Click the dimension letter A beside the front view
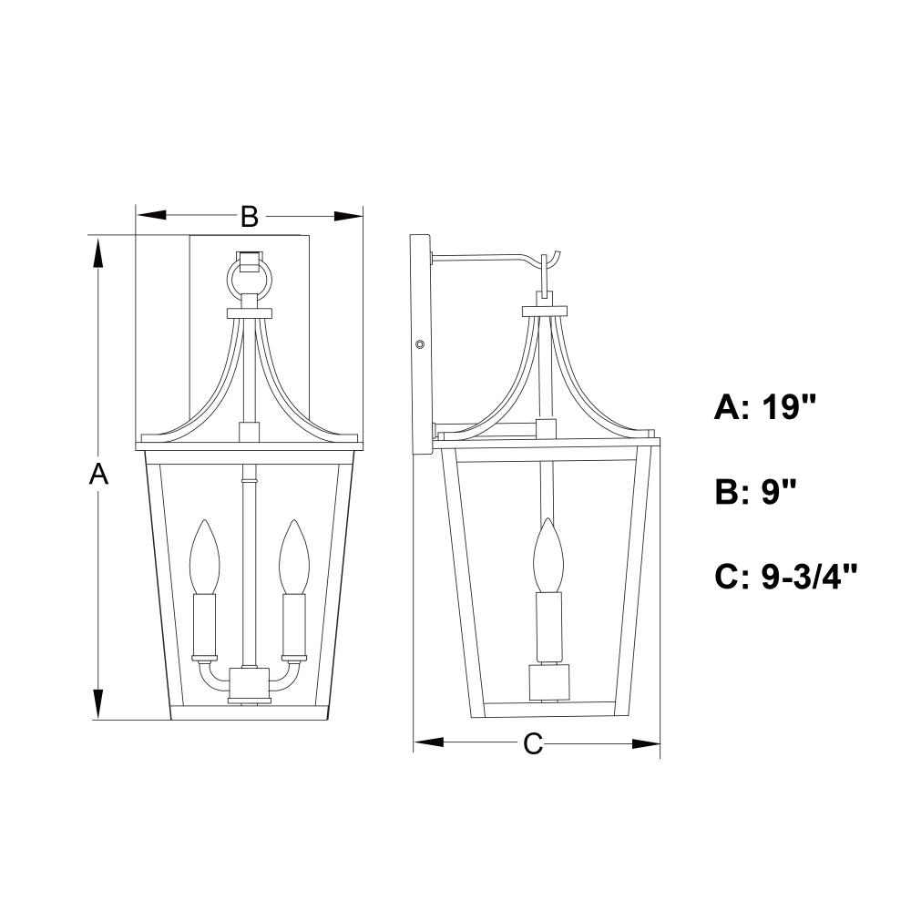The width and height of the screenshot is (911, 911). coord(98,474)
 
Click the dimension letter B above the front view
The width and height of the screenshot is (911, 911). coord(250,217)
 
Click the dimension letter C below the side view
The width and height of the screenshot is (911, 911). coord(533,743)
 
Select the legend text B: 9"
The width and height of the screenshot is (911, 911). coord(754,492)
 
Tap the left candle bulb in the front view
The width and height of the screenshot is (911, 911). coord(204,557)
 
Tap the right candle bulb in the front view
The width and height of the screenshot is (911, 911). coord(292,557)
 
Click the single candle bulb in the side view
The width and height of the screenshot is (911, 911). coord(548,555)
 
